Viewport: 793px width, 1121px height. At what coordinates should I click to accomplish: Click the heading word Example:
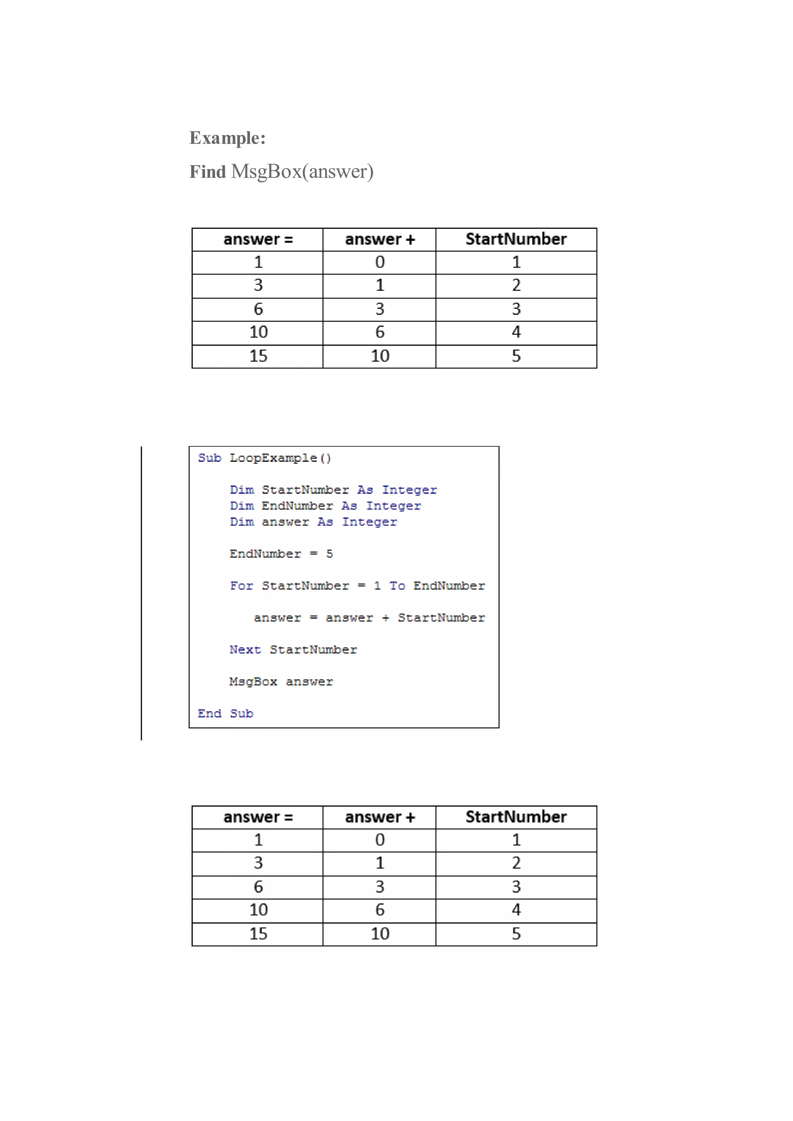pyautogui.click(x=227, y=138)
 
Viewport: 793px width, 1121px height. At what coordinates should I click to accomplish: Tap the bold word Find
pyautogui.click(x=208, y=172)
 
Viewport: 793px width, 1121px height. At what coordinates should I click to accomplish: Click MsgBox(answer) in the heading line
pyautogui.click(x=302, y=171)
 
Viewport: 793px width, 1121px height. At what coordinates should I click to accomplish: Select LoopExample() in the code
pyautogui.click(x=280, y=458)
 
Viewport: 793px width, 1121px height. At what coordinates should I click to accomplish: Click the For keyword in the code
pyautogui.click(x=241, y=586)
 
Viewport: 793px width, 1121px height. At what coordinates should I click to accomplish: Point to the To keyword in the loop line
pyautogui.click(x=397, y=586)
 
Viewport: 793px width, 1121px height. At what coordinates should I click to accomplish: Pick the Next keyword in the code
pyautogui.click(x=245, y=650)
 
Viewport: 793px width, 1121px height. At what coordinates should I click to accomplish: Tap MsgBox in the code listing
pyautogui.click(x=253, y=682)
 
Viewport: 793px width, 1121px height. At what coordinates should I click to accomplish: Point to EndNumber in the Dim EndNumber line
pyautogui.click(x=297, y=506)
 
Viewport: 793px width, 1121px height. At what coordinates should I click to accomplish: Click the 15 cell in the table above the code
pyautogui.click(x=258, y=356)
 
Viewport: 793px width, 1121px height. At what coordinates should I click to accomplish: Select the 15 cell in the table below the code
pyautogui.click(x=258, y=934)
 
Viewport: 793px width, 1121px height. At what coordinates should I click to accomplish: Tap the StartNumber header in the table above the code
pyautogui.click(x=516, y=239)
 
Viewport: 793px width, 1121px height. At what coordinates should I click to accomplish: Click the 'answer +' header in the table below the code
pyautogui.click(x=380, y=817)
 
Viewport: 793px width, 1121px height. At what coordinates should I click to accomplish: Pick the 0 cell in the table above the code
pyautogui.click(x=380, y=262)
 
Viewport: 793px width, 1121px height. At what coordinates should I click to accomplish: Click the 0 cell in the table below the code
pyautogui.click(x=380, y=840)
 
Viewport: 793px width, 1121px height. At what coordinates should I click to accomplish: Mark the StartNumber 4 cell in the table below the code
pyautogui.click(x=516, y=910)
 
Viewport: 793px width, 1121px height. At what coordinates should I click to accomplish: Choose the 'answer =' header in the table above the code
pyautogui.click(x=258, y=239)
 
